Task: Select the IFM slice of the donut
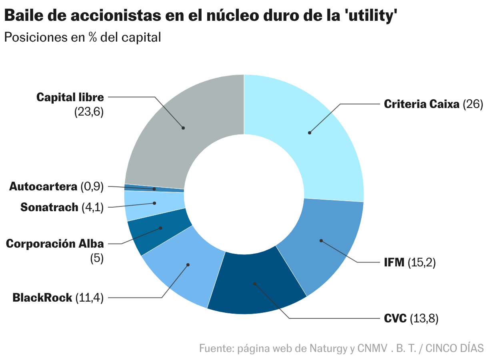(x=324, y=244)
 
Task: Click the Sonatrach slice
(x=154, y=205)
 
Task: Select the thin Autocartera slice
(x=154, y=188)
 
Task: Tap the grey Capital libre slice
(x=180, y=128)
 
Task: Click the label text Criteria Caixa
(x=422, y=104)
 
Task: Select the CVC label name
(x=395, y=319)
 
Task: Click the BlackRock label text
(x=42, y=298)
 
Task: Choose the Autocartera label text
(x=43, y=186)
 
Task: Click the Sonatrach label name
(x=49, y=207)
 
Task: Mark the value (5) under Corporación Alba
(x=96, y=258)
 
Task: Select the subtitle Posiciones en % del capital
(x=82, y=37)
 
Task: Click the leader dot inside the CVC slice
(x=254, y=284)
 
